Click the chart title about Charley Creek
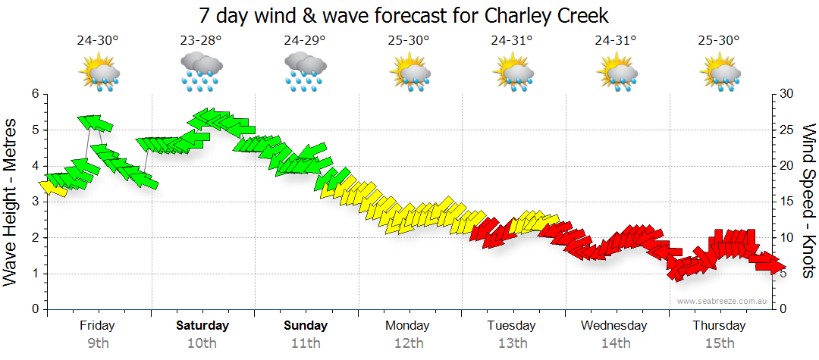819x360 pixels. (403, 15)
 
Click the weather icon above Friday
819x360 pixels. (99, 74)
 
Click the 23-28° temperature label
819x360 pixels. (201, 40)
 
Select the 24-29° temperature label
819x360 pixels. (305, 40)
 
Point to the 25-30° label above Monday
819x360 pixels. (409, 40)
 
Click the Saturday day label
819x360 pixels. (202, 325)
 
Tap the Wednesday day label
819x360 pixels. (614, 325)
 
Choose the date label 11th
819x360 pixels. (305, 343)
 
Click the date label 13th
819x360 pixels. (513, 343)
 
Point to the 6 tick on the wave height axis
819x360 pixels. (34, 94)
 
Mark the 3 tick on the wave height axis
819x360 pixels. (34, 202)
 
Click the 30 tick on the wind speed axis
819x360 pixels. (787, 94)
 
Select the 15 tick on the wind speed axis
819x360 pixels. (787, 202)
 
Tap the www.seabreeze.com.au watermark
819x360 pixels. (722, 301)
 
